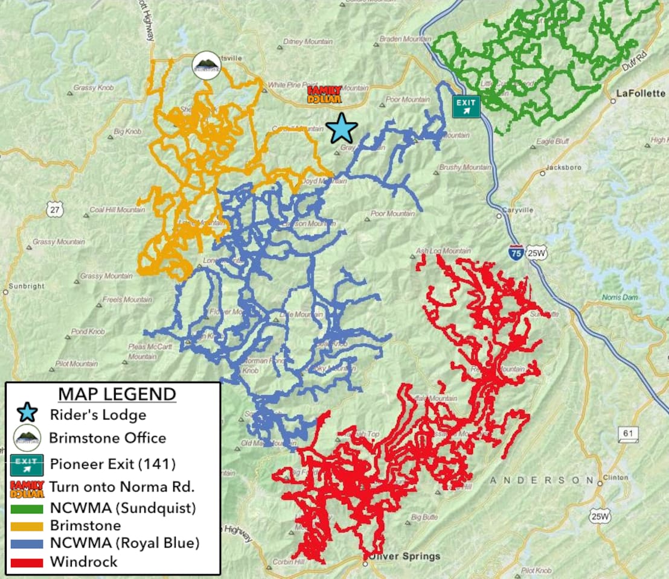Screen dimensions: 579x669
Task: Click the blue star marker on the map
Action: (342, 128)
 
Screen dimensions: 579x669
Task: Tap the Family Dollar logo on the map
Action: (324, 93)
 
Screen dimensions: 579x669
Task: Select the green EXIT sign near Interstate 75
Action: (466, 106)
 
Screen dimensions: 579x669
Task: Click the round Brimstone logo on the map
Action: (206, 66)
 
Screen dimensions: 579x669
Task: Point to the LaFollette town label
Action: (640, 93)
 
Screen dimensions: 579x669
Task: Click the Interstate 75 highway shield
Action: (516, 252)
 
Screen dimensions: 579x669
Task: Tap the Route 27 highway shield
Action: (54, 209)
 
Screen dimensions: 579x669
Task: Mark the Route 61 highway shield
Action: (628, 433)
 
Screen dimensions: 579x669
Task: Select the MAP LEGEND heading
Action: (117, 394)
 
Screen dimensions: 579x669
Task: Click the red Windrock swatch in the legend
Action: (27, 562)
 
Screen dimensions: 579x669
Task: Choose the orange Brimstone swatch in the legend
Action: (27, 526)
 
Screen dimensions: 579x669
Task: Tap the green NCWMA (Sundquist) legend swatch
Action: (27, 508)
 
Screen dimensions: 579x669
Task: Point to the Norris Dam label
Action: (619, 297)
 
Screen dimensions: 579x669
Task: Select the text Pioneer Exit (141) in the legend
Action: (112, 464)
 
